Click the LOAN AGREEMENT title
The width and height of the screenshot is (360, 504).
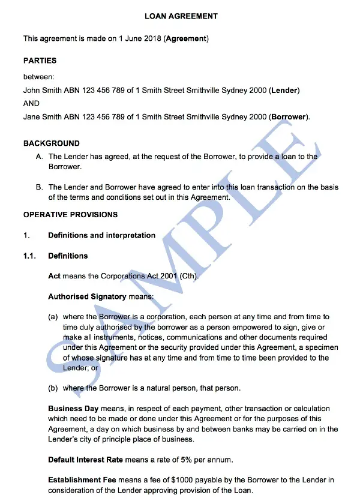(181, 16)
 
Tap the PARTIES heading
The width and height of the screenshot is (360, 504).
(40, 61)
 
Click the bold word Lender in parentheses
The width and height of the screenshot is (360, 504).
(284, 91)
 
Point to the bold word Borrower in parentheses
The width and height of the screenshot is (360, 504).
(289, 116)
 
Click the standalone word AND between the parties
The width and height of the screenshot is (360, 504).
(31, 103)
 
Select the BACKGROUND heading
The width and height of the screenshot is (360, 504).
(51, 143)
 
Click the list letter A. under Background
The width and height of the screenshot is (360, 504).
(40, 157)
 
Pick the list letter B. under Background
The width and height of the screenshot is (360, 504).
(40, 188)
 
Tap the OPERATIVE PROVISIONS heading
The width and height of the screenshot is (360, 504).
(70, 214)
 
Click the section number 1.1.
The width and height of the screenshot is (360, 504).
(30, 256)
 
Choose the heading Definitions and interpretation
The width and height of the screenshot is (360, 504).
(101, 235)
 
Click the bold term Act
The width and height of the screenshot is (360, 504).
(54, 276)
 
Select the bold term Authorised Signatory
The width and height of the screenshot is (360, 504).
(87, 296)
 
